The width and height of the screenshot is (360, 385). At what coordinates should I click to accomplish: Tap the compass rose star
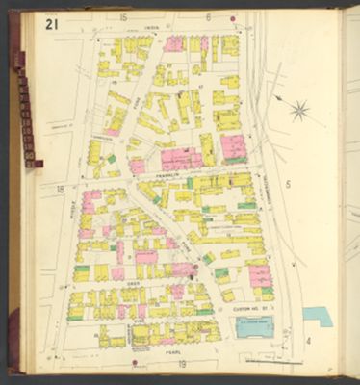[x=299, y=110]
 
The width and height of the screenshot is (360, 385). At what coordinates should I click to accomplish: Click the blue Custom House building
[x=255, y=326]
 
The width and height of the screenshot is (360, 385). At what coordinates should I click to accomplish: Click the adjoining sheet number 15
[x=122, y=17]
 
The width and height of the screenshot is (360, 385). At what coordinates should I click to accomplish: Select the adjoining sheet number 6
[x=208, y=16]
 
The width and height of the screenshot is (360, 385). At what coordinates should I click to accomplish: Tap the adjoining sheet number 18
[x=60, y=190]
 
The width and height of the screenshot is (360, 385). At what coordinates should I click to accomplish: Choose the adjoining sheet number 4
[x=308, y=340]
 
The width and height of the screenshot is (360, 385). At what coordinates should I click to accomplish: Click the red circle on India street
[x=234, y=17]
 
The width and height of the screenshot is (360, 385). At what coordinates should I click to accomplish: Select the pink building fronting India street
[x=173, y=44]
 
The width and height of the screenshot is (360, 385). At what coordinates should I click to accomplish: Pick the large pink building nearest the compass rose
[x=233, y=147]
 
